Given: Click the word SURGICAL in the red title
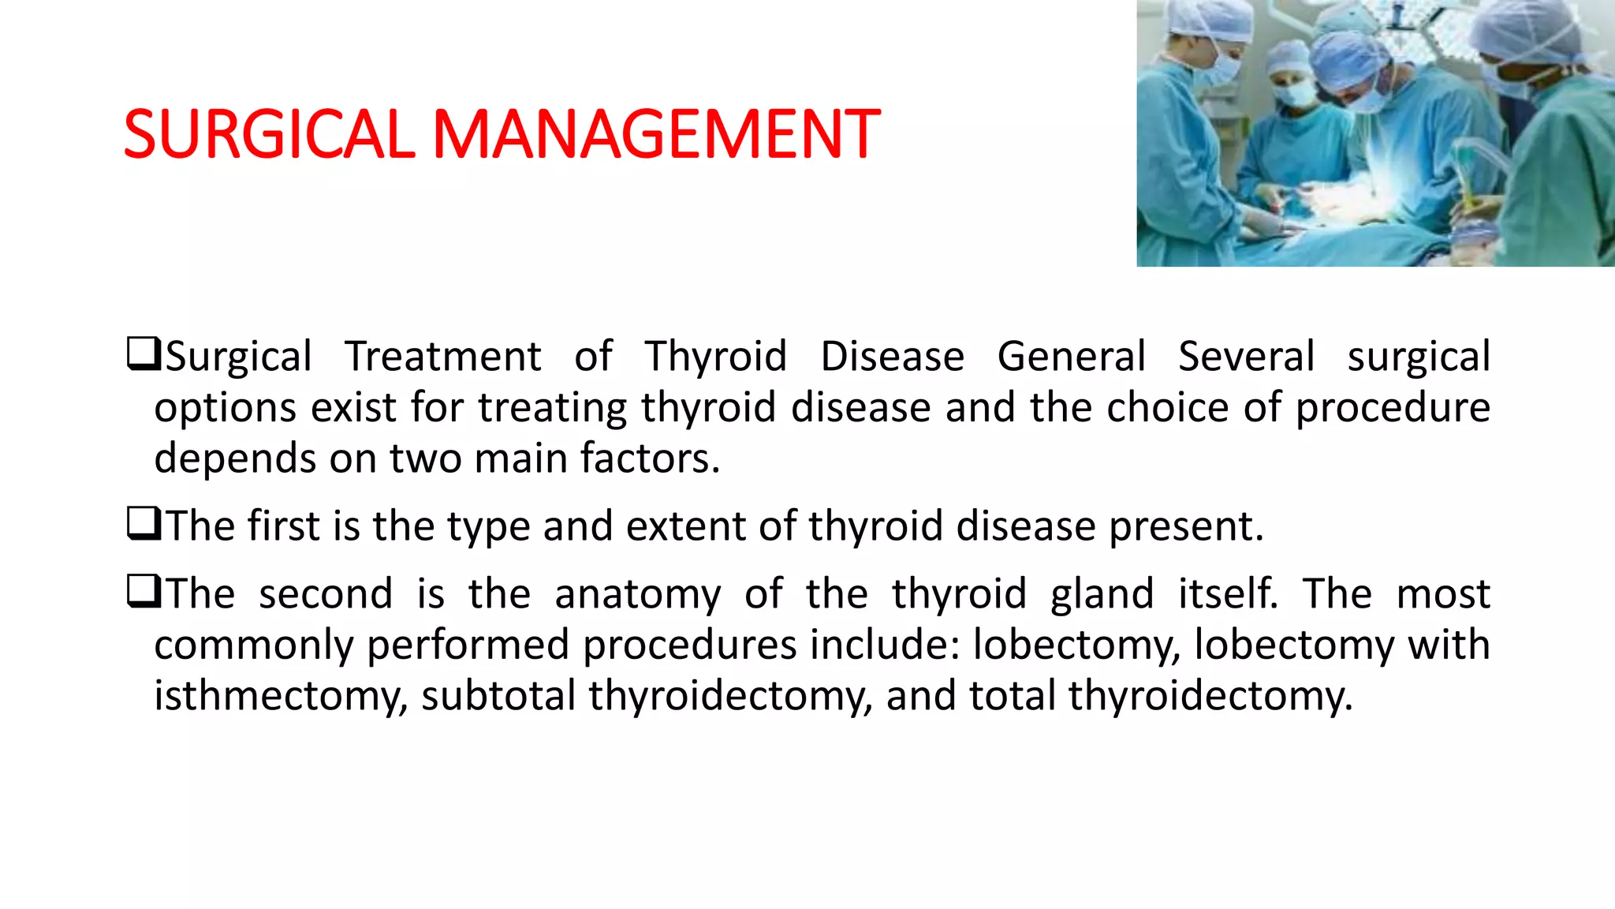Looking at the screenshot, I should point(268,134).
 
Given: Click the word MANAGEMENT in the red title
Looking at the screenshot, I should point(656,134).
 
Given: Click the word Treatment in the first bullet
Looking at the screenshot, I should point(443,357).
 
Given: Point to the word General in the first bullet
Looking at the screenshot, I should point(1071,357).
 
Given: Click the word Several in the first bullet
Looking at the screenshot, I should point(1246,357).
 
